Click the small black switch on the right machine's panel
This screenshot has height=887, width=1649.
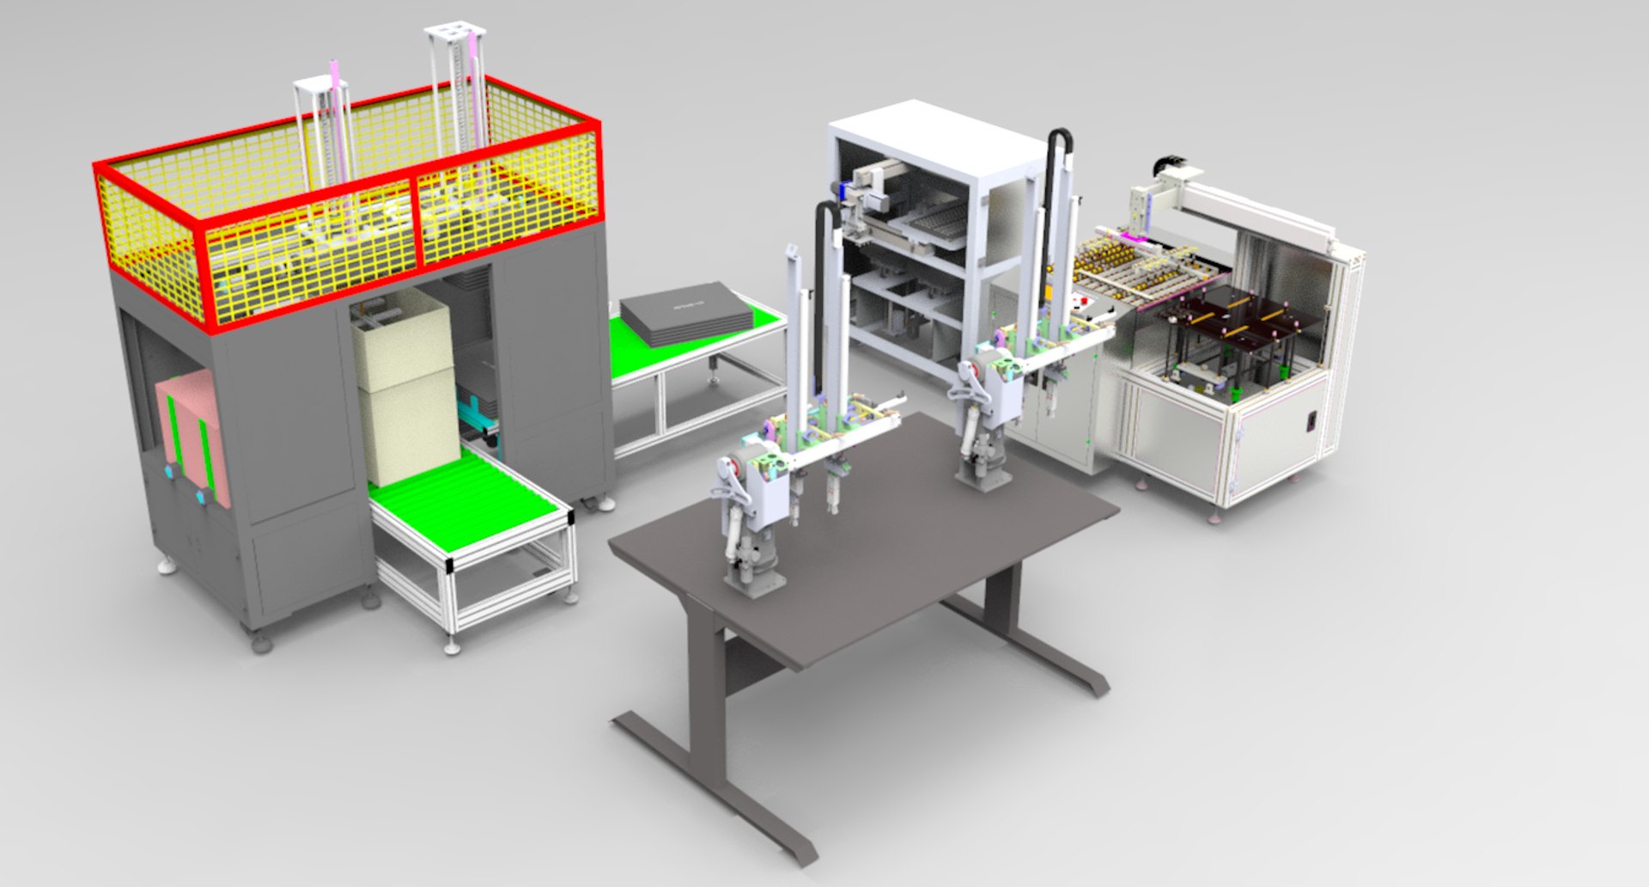click(1311, 422)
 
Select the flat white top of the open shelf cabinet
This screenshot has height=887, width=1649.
click(936, 138)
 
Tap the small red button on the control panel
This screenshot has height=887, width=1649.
click(1085, 302)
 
